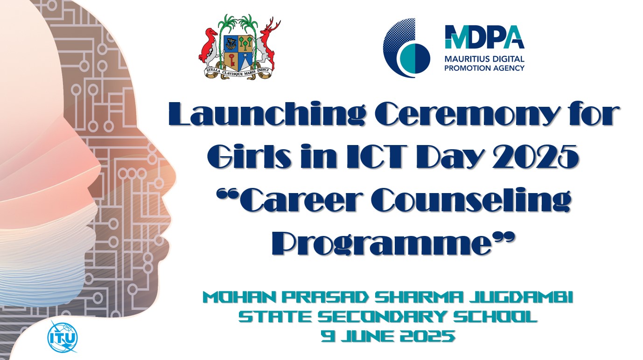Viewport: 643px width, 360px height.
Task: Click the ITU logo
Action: [x=62, y=337]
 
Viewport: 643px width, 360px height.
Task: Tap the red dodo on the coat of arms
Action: [x=209, y=47]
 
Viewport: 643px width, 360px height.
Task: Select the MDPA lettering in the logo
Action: [x=484, y=37]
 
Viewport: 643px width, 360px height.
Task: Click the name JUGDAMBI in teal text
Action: [x=521, y=298]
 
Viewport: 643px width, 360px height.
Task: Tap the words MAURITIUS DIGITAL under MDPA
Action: [x=484, y=59]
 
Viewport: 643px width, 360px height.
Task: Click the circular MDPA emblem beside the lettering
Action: [x=406, y=48]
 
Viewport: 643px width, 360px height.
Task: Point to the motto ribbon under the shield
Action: [x=237, y=72]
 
